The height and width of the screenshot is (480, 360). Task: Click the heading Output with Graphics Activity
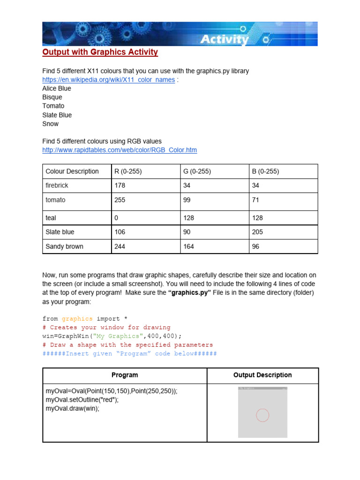click(x=100, y=52)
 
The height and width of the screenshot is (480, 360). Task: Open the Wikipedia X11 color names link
click(x=108, y=80)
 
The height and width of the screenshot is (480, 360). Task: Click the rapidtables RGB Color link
click(x=120, y=150)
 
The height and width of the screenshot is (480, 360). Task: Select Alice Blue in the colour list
click(x=56, y=89)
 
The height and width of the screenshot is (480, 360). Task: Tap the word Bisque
click(x=52, y=97)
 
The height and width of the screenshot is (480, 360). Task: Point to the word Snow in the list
click(x=50, y=124)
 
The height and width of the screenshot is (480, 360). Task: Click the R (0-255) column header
click(x=128, y=172)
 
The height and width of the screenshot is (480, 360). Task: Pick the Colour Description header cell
click(x=72, y=172)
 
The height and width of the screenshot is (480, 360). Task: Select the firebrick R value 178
click(x=120, y=186)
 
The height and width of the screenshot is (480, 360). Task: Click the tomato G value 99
click(x=187, y=200)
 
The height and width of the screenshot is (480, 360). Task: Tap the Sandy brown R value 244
click(x=120, y=246)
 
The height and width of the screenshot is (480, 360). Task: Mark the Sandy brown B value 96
click(x=255, y=246)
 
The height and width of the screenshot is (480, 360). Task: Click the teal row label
click(x=51, y=218)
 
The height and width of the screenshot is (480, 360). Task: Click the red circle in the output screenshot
click(x=262, y=415)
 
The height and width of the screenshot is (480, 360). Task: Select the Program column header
click(x=125, y=375)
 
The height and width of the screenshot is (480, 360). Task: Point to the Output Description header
click(x=262, y=375)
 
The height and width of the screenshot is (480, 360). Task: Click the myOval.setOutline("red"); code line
click(x=82, y=400)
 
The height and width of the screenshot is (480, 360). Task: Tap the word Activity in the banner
click(x=224, y=40)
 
